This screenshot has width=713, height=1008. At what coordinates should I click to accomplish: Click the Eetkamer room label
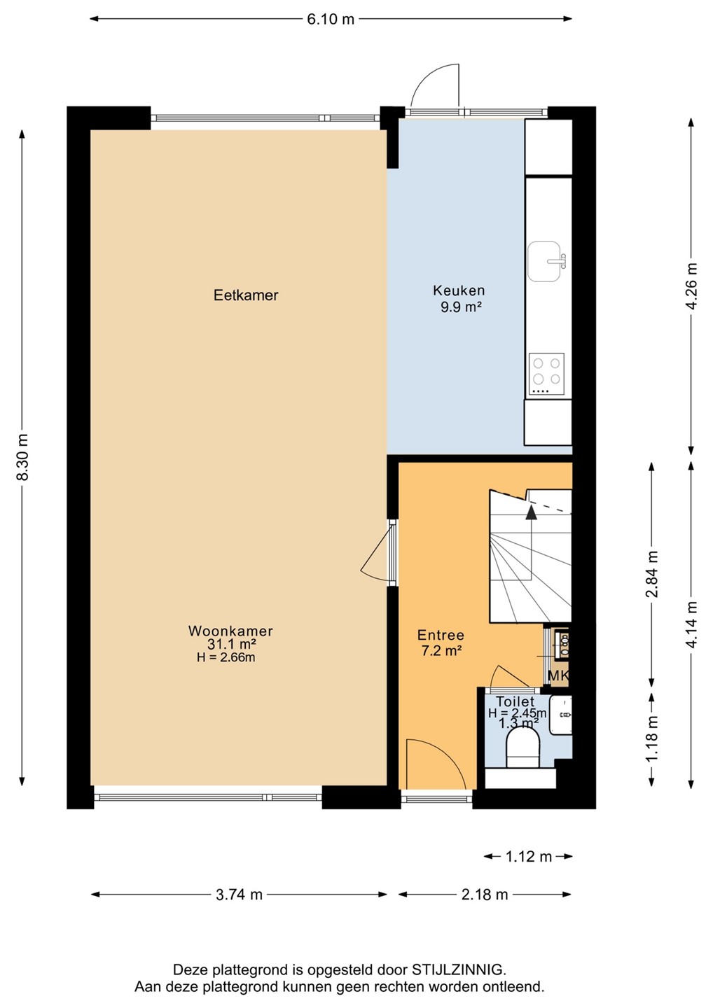[x=246, y=295]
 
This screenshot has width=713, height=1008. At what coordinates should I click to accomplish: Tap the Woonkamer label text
[x=230, y=631]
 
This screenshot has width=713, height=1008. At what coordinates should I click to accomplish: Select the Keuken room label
[x=459, y=290]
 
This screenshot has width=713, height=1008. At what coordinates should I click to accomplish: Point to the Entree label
[x=441, y=635]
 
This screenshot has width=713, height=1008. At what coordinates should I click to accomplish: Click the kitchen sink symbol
[x=546, y=262]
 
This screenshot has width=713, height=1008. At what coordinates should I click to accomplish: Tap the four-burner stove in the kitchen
[x=546, y=374]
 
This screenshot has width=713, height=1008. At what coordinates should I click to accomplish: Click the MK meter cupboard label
[x=558, y=675]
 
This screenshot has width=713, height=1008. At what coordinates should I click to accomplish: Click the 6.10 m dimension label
[x=331, y=20]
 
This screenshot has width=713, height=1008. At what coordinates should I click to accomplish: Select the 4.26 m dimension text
[x=691, y=286]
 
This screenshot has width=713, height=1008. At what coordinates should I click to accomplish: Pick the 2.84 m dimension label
[x=652, y=574]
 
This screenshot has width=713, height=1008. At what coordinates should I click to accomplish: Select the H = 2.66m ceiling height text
[x=226, y=657]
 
